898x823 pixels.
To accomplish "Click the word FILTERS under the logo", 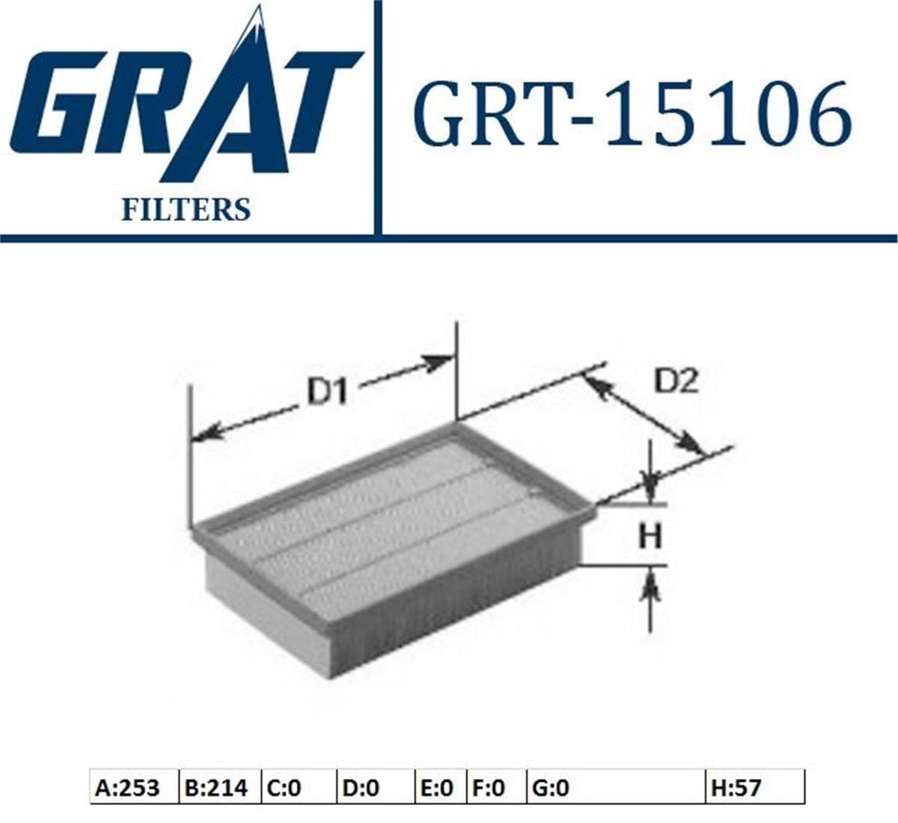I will (186, 210).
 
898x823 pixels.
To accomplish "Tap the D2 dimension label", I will (676, 380).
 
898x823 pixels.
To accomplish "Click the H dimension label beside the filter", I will (650, 535).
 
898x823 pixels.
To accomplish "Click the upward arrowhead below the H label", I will (650, 587).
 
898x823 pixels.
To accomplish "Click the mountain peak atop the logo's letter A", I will (257, 19).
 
